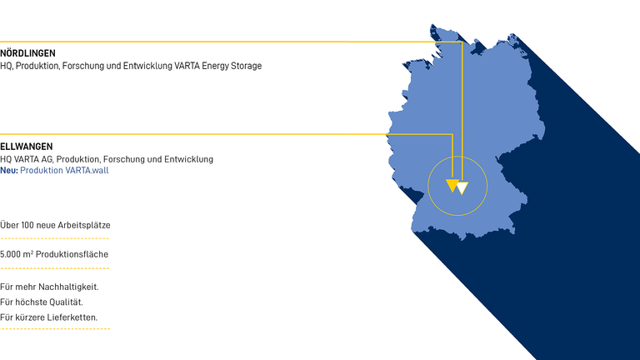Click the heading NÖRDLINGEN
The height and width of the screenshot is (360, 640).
pos(28,53)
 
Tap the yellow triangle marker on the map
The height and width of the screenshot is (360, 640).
pos(452,185)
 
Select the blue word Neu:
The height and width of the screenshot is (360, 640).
pos(9,170)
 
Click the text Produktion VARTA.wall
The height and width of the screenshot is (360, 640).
pos(64,170)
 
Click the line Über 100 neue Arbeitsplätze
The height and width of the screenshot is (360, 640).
pos(55,225)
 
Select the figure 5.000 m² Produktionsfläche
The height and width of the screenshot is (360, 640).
pos(54,254)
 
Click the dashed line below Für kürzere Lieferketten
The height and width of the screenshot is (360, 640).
pos(55,329)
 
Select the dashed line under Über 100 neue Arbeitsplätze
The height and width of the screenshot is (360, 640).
pos(54,239)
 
